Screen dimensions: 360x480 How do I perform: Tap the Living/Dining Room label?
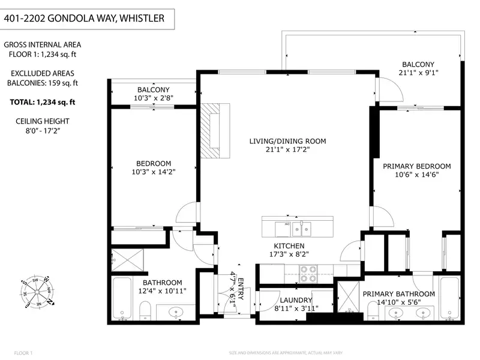click(287, 142)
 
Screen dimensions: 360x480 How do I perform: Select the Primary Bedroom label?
click(416, 166)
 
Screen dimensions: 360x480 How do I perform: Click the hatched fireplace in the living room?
click(214, 130)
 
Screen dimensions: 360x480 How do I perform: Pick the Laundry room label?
click(296, 300)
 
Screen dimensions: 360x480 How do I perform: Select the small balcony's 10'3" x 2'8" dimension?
click(154, 98)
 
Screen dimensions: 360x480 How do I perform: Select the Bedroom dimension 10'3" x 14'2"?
click(154, 172)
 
